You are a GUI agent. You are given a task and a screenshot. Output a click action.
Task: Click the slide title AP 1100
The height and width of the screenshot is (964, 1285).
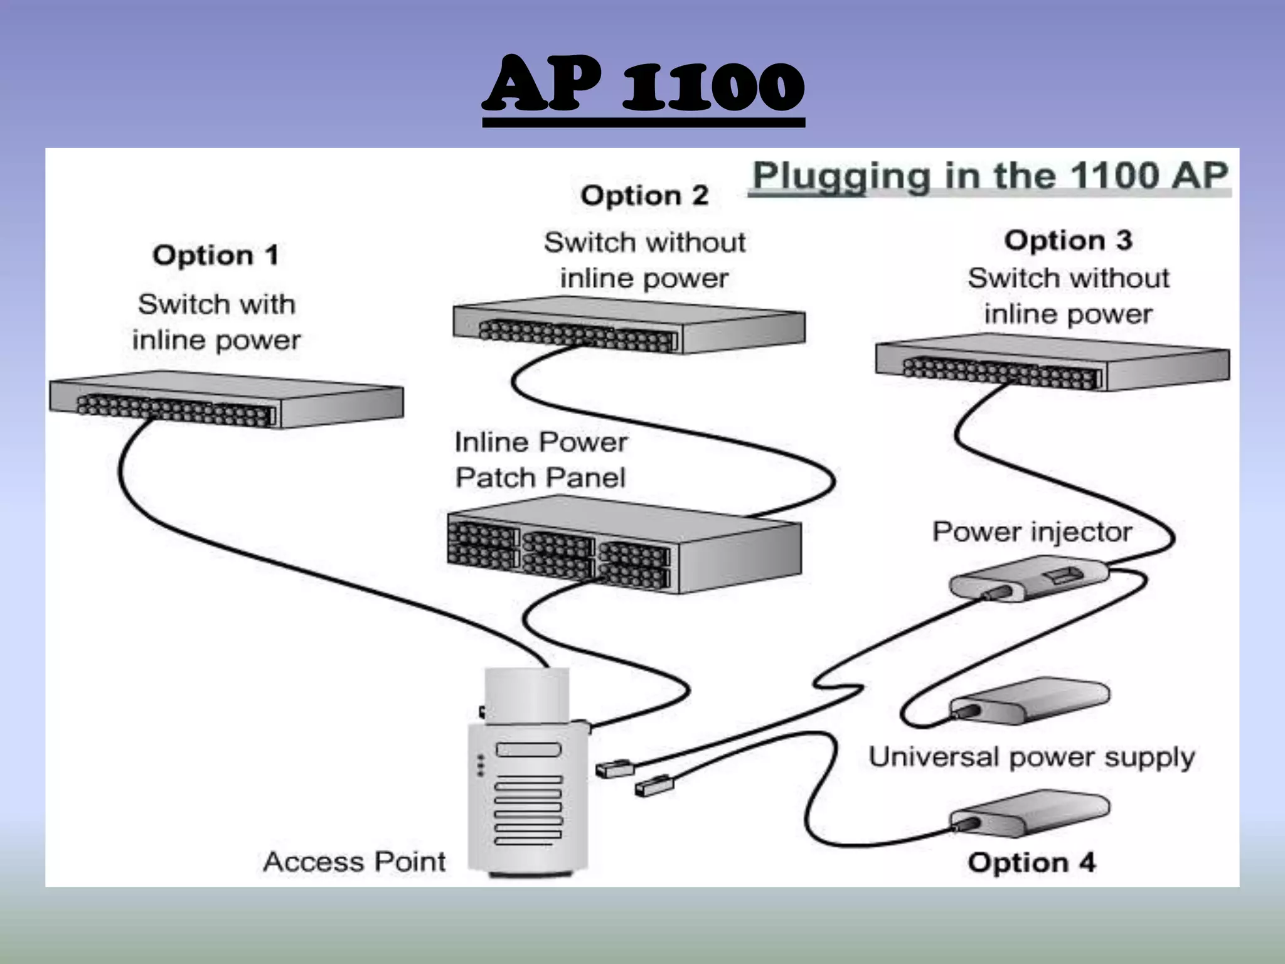coord(643,85)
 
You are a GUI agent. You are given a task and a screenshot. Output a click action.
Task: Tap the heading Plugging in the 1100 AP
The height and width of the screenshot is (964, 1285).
coord(989,176)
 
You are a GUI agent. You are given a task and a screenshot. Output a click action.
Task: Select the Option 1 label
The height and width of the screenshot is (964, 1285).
coord(215,255)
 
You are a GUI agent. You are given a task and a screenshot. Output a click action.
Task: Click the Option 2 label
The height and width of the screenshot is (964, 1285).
coord(644,195)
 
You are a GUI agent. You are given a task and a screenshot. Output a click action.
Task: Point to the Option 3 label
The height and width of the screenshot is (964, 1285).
coord(1068,240)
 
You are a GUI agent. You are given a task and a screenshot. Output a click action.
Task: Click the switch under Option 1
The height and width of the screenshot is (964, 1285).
coord(226,402)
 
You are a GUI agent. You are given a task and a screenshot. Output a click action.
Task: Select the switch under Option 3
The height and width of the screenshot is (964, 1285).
coord(1052,364)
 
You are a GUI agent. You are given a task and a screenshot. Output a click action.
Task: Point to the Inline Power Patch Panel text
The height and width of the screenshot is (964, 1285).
coord(540,460)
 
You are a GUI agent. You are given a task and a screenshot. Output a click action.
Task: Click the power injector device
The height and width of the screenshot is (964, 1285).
coord(1029,580)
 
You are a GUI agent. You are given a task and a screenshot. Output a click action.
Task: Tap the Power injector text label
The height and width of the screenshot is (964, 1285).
coord(1032,532)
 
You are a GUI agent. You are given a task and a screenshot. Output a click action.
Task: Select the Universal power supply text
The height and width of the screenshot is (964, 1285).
coord(1031,758)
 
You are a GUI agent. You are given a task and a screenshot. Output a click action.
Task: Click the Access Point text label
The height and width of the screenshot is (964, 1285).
coord(355,862)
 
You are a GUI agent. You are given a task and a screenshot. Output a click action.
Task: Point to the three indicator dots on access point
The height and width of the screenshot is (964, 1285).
coord(481,765)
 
